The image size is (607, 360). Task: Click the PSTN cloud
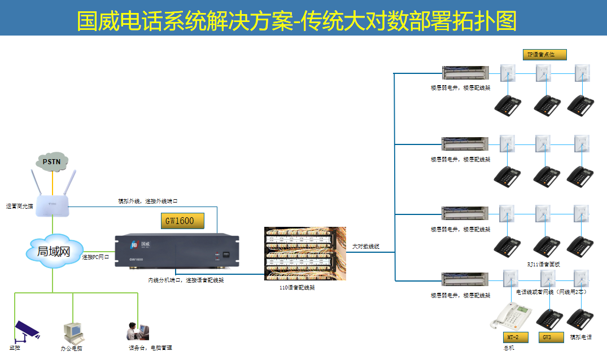53,162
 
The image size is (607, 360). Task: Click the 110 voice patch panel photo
305,253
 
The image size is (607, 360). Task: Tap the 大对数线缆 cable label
366,247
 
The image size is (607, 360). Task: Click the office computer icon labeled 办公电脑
73,333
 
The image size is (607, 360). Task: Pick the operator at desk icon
137,333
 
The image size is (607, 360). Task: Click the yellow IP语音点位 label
544,55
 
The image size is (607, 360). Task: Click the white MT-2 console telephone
510,317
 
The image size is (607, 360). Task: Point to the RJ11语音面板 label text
543,264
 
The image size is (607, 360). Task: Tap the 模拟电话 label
580,337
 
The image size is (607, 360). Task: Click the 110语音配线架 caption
297,287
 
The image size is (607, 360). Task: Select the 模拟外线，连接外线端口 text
148,201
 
